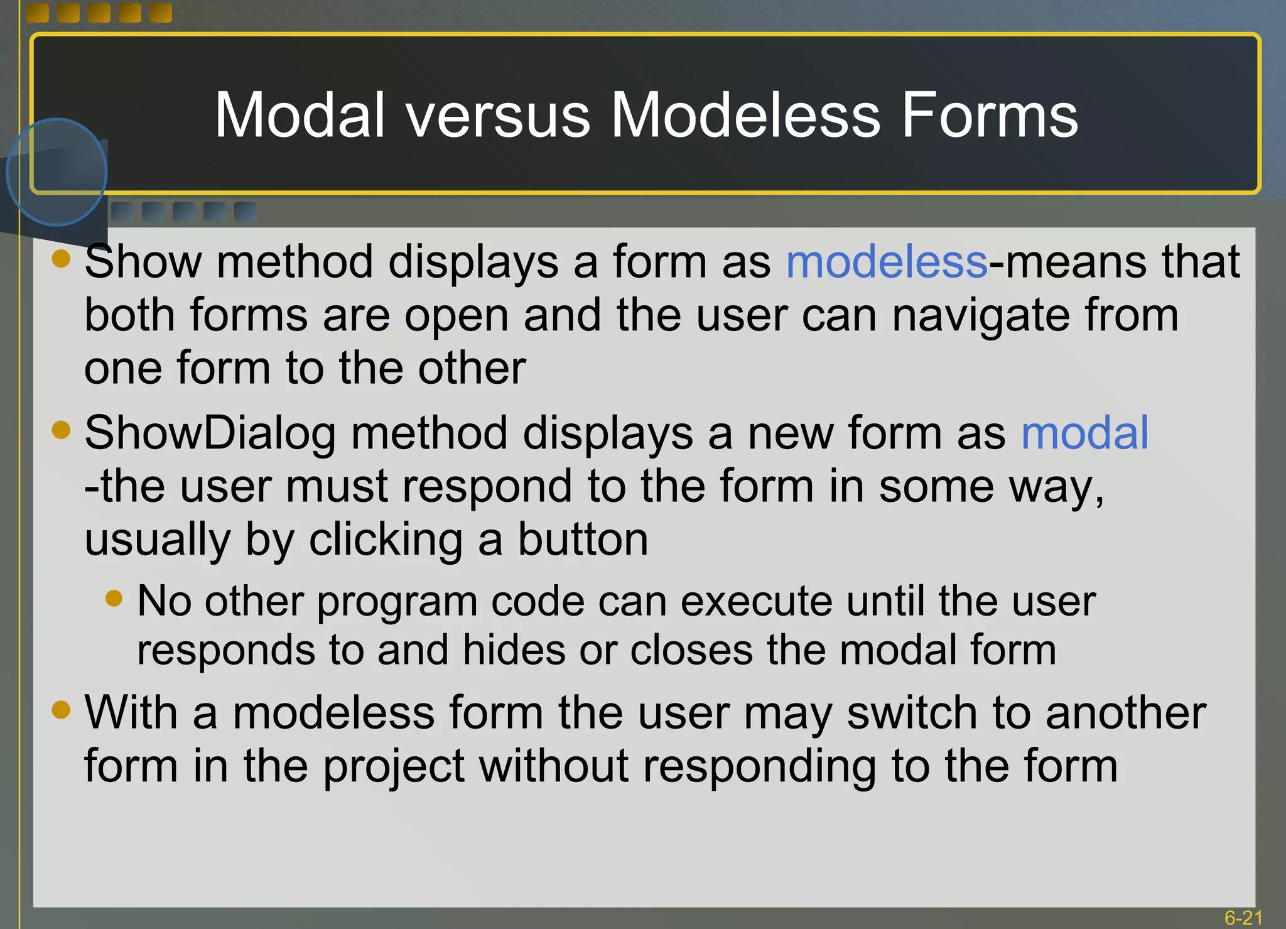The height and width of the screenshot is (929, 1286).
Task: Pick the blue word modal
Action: click(x=1084, y=433)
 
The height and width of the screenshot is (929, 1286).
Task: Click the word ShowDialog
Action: click(x=210, y=433)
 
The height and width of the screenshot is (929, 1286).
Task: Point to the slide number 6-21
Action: click(x=1243, y=918)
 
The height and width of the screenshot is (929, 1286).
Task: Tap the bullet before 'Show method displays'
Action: click(x=61, y=258)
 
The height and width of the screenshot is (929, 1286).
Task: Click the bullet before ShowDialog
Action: click(x=61, y=430)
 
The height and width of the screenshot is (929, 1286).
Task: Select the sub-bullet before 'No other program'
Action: click(x=114, y=597)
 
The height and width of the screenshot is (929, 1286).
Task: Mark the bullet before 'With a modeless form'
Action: click(x=61, y=710)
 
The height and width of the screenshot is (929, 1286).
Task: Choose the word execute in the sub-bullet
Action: click(x=756, y=601)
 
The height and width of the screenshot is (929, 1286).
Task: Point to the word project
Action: click(x=394, y=767)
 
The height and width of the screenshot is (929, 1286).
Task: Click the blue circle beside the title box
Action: click(x=57, y=172)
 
